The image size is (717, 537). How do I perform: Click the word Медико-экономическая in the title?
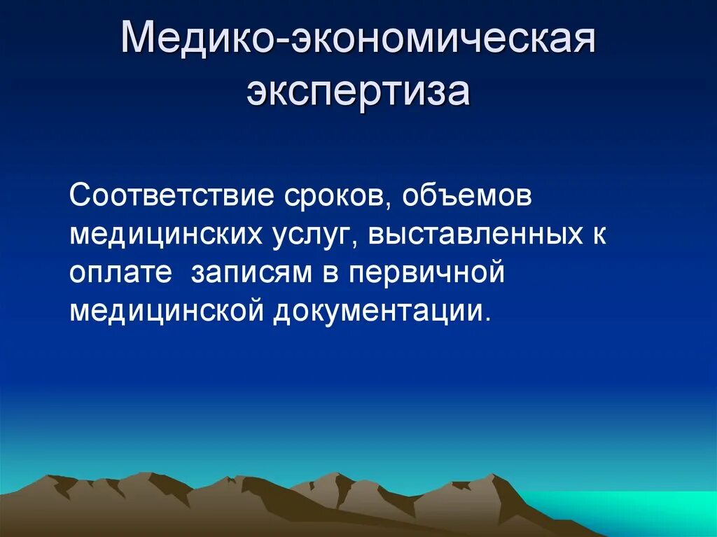click(358, 40)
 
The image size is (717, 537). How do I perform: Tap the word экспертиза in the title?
click(358, 92)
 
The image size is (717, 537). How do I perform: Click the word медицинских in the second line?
click(165, 235)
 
